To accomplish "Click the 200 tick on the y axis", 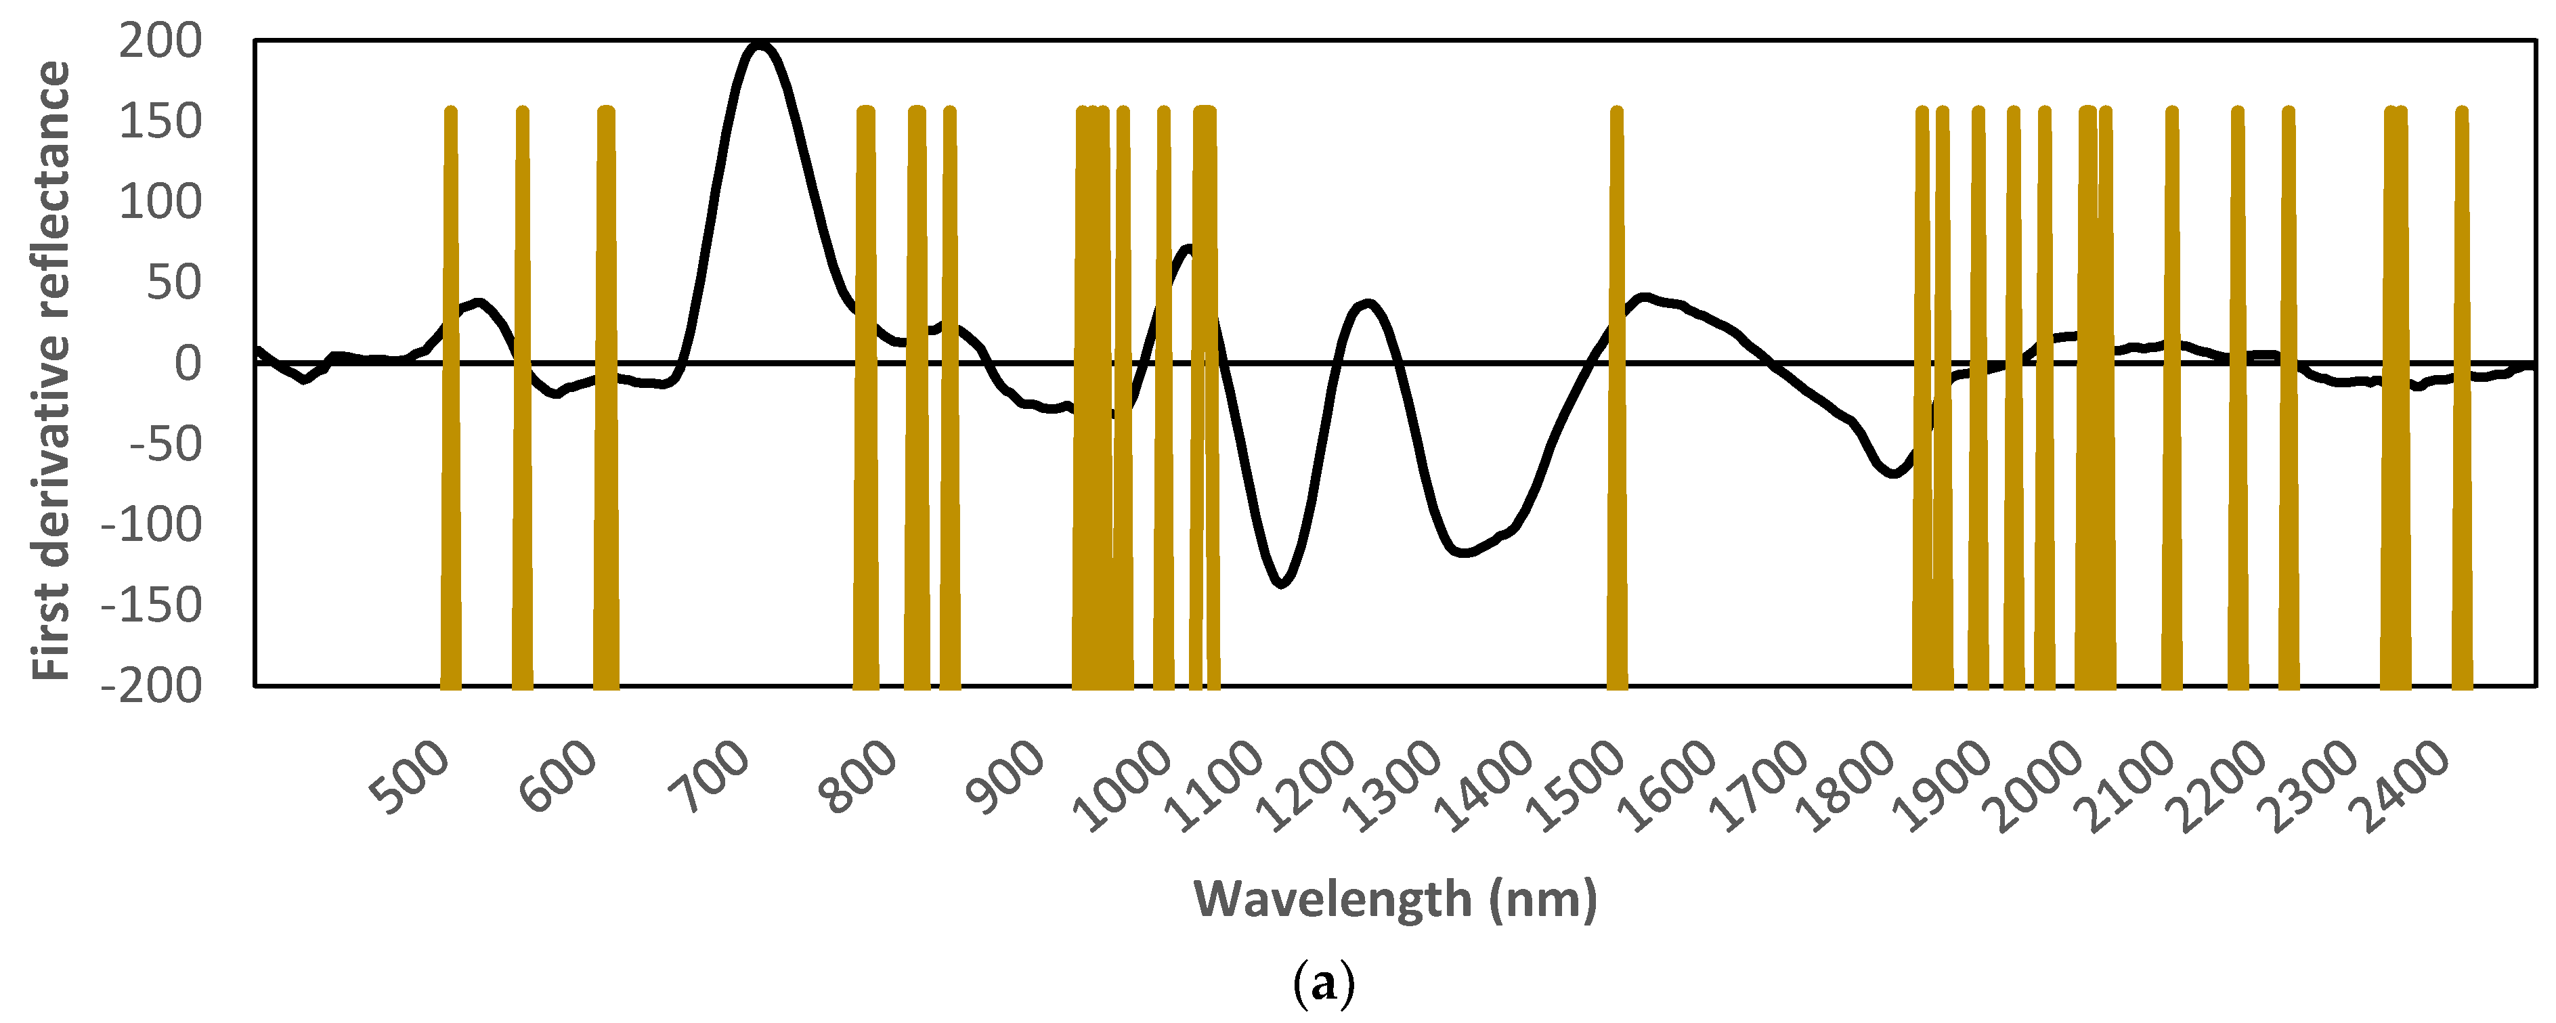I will pyautogui.click(x=160, y=42).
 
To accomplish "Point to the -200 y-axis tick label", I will pyautogui.click(x=151, y=686).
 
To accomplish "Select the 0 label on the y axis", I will pyautogui.click(x=188, y=364).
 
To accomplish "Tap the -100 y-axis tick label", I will pyautogui.click(x=151, y=525).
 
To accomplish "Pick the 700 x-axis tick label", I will pyautogui.click(x=708, y=779).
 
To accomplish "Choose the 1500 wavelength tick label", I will pyautogui.click(x=1575, y=787).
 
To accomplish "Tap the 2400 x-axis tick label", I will pyautogui.click(x=2405, y=787).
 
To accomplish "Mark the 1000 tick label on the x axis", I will pyautogui.click(x=1123, y=787).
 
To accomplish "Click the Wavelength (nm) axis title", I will pyautogui.click(x=1394, y=899).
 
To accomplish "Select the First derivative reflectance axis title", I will pyautogui.click(x=51, y=370).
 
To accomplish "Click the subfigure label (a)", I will pyautogui.click(x=1324, y=985).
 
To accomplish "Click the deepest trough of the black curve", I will pyautogui.click(x=1281, y=582).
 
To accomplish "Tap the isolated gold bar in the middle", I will pyautogui.click(x=1616, y=397).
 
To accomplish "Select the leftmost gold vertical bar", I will pyautogui.click(x=450, y=397).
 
